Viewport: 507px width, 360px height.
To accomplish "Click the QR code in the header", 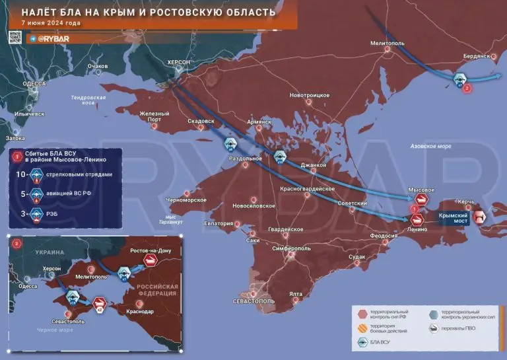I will pos(16,36).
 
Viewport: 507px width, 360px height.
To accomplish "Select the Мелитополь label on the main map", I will pos(386,42).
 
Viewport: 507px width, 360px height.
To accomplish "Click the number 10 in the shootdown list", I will pos(22,174).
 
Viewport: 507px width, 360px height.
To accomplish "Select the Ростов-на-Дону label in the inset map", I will pos(150,251).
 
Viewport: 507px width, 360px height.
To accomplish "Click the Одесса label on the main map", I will pos(34,84).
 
